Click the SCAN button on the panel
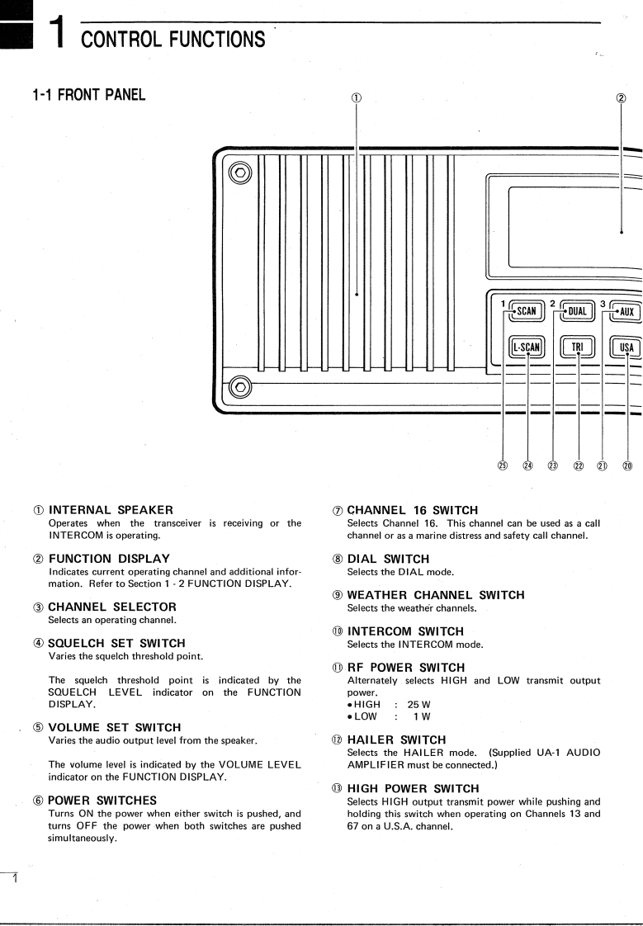[526, 311]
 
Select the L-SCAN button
[527, 347]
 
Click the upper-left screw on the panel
[240, 173]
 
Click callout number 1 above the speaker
[357, 97]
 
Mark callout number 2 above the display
[621, 97]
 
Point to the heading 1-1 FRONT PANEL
[87, 95]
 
